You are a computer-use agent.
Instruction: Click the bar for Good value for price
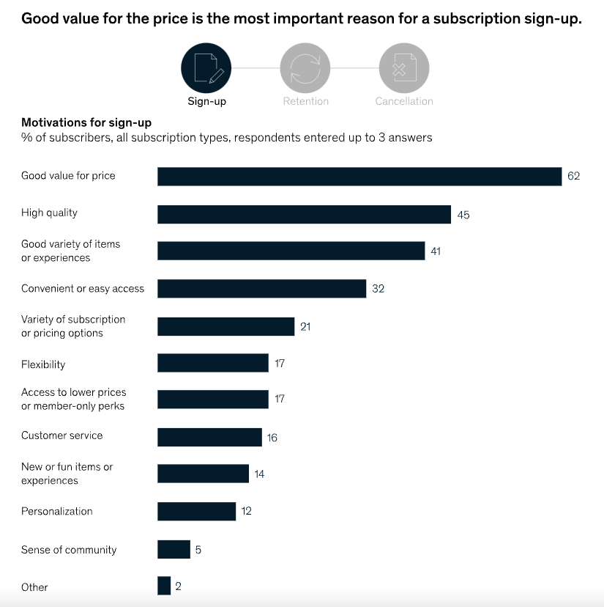coord(359,176)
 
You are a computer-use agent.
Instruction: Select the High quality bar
coord(304,213)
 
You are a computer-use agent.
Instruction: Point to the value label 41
coord(436,251)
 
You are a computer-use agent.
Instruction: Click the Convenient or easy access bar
coord(261,288)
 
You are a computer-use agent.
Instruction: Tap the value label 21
coord(305,326)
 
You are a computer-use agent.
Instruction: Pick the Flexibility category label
coord(43,364)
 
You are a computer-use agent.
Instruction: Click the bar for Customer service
coord(209,437)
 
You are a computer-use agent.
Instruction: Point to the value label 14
coord(259,474)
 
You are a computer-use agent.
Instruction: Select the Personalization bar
coord(196,511)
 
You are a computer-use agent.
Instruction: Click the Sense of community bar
coord(174,549)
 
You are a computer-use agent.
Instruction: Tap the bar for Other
coord(164,586)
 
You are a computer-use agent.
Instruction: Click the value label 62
coord(573,176)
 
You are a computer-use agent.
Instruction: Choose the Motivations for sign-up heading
coord(86,122)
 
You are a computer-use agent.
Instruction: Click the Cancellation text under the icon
coord(404,101)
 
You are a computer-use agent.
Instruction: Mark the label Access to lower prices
coord(73,392)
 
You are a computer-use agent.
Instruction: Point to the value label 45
coord(463,215)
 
